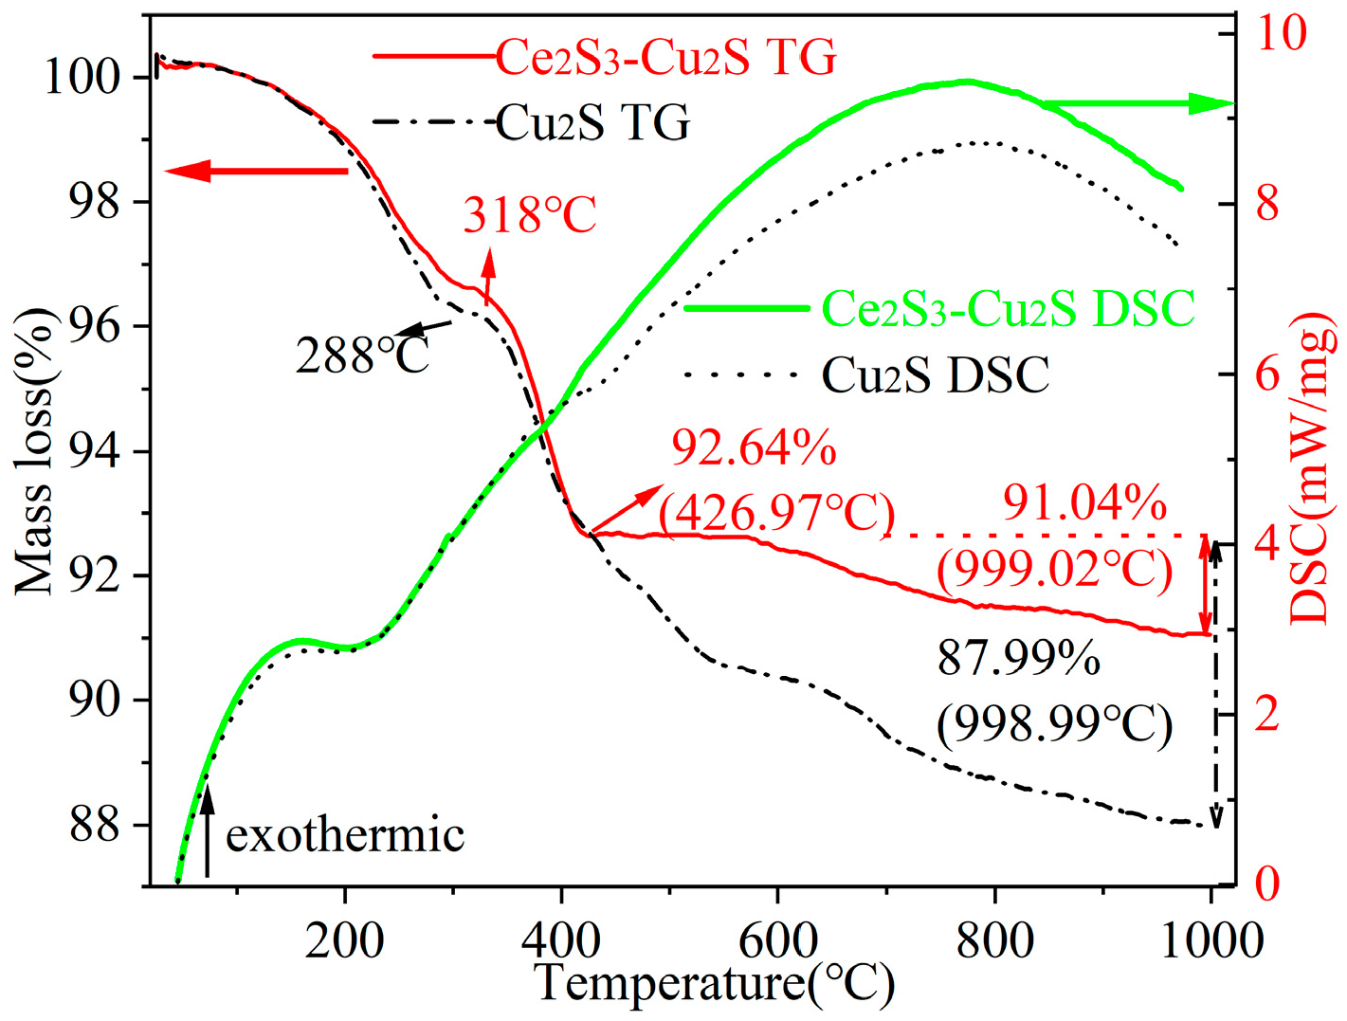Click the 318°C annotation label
530,215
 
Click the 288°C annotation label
362,356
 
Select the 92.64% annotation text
754,447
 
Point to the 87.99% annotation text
1019,657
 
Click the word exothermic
345,835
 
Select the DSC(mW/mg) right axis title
1314,470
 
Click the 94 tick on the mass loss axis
95,451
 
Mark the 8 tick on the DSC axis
1267,204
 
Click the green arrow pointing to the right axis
1138,104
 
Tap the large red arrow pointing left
256,172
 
